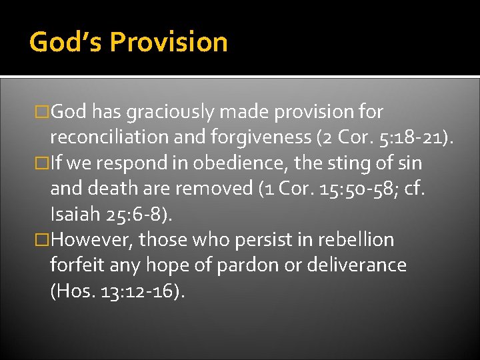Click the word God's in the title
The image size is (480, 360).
[x=65, y=42]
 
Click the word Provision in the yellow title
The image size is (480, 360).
[x=169, y=42]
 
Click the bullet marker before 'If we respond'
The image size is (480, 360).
[x=44, y=163]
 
